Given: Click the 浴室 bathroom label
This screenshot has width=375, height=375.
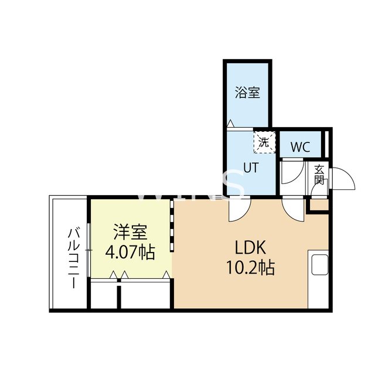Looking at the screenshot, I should coord(248,92).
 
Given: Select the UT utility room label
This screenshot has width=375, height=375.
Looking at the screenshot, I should coord(251,167).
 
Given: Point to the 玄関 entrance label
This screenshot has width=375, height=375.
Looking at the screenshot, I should coord(319,175).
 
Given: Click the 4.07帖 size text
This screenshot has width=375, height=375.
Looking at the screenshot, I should coord(130,253).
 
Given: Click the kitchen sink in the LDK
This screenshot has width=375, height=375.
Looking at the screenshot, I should coord(320,264).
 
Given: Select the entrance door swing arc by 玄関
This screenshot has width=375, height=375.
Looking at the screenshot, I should coord(344,179).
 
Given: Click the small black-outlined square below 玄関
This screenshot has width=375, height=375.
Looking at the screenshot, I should coord(319,205).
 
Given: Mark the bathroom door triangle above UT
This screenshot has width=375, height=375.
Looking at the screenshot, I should coord(231,124).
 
